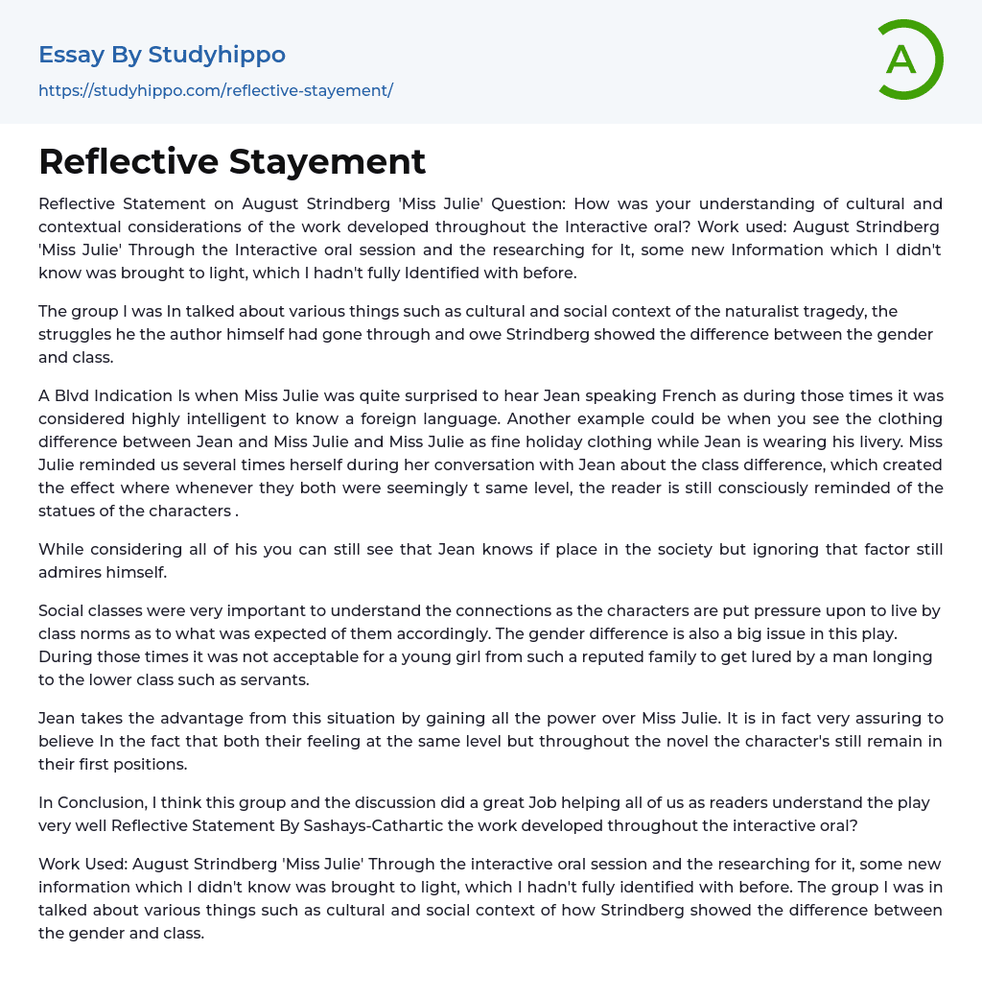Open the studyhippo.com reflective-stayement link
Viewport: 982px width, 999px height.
point(216,90)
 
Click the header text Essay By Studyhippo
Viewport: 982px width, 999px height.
point(162,55)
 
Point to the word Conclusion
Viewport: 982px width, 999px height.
point(104,802)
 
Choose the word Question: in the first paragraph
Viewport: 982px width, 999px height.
point(545,203)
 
